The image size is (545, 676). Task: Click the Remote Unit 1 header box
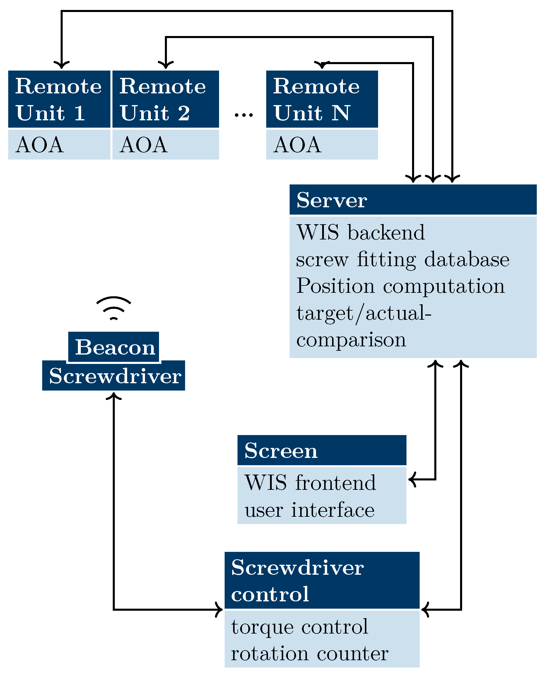pos(59,99)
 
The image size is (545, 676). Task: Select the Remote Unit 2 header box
pos(165,99)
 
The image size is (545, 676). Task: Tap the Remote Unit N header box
pos(322,99)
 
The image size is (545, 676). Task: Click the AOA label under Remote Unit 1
pos(40,145)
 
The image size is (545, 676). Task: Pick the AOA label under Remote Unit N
pos(297,145)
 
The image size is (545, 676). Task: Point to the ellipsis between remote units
pos(244,115)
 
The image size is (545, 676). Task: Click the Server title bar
pos(413,200)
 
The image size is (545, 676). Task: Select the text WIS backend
pos(361,232)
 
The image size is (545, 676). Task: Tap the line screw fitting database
pos(402,260)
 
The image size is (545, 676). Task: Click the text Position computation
pos(401,286)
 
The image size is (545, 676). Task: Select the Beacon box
pos(114,347)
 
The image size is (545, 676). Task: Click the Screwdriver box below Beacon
pos(114,376)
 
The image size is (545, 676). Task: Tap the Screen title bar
pos(322,450)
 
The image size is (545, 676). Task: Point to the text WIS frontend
pos(310,483)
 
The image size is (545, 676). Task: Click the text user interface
pos(310,510)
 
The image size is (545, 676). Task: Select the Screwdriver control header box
pos(322,580)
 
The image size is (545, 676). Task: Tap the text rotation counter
pos(310,654)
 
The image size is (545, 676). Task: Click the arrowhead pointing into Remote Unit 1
pos(61,65)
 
